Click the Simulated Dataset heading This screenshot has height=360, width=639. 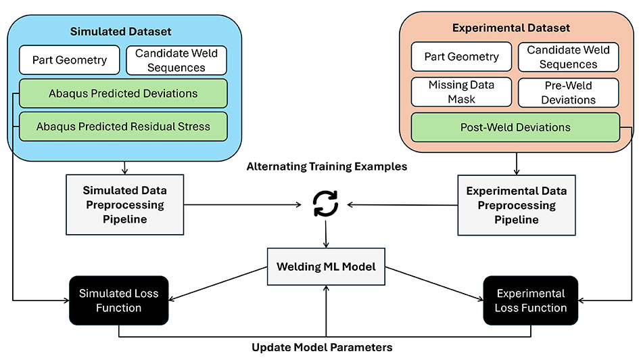121,32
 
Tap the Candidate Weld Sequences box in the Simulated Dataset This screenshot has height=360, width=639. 175,60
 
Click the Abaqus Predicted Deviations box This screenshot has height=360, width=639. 122,93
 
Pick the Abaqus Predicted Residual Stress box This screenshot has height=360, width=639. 122,126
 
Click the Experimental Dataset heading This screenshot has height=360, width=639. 516,28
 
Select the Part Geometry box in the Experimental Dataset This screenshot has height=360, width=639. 461,57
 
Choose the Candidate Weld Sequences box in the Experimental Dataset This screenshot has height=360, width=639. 567,57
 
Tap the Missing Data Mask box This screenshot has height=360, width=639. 461,93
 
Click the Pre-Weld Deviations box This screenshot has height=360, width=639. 567,93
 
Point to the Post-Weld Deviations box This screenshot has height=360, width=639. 515,127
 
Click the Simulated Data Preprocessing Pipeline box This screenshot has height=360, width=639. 123,205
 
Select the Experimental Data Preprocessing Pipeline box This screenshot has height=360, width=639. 516,205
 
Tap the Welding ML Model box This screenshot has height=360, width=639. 326,266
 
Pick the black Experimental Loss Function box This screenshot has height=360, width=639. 531,300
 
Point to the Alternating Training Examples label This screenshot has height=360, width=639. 327,166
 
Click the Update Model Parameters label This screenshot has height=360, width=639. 322,347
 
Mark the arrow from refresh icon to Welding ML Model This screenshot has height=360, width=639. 326,235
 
